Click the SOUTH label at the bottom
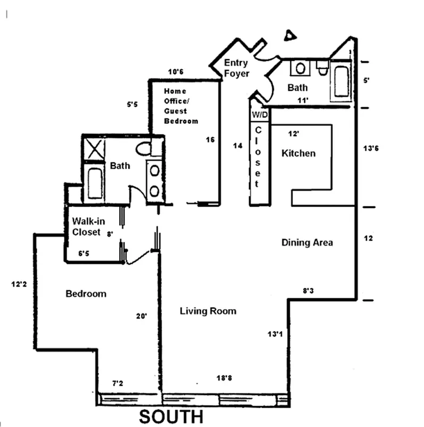(171, 416)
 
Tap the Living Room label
(208, 311)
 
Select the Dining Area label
(307, 243)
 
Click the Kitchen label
(298, 153)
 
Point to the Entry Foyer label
(237, 68)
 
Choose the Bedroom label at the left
(86, 294)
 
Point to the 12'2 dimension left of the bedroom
(18, 284)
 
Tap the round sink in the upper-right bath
(301, 68)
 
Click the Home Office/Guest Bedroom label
(181, 106)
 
